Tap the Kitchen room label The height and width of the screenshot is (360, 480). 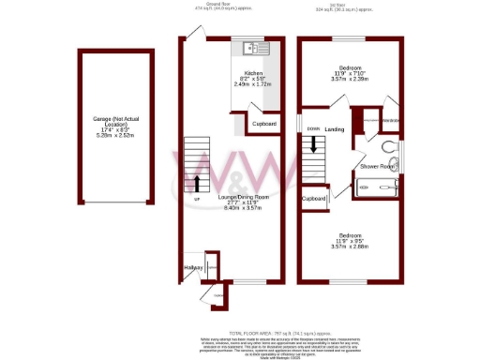(x=253, y=72)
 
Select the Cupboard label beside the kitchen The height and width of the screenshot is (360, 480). (x=263, y=124)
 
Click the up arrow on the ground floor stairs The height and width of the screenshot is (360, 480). (x=197, y=181)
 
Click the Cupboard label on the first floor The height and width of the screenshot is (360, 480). (x=313, y=199)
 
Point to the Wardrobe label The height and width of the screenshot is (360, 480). (x=391, y=120)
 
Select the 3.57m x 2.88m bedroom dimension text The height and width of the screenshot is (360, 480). (x=352, y=246)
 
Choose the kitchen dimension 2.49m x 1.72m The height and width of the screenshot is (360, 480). (x=253, y=84)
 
